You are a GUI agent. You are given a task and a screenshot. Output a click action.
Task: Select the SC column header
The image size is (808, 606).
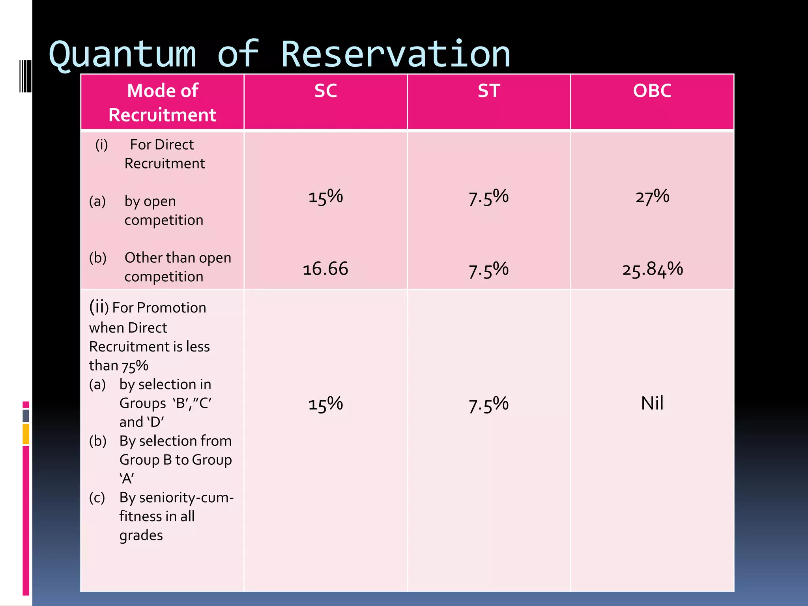coord(325,91)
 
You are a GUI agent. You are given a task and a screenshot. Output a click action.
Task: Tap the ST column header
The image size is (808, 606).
coord(489,91)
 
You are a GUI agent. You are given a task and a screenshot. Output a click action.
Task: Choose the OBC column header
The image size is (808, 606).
coord(652,91)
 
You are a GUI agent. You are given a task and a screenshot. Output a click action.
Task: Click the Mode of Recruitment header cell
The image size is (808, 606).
coord(163,102)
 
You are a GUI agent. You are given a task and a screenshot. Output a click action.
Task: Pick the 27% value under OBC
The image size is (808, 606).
coord(652,196)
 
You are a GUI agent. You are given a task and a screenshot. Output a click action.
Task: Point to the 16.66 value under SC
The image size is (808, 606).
coord(325,269)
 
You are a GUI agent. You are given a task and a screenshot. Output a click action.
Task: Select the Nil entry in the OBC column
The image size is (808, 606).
coord(652,403)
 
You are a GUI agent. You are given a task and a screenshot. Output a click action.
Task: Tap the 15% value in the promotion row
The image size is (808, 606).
coord(325,404)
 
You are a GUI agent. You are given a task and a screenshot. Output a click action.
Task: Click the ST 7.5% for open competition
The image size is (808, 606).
coord(489,197)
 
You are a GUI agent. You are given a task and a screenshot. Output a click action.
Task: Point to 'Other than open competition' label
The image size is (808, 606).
coord(178,267)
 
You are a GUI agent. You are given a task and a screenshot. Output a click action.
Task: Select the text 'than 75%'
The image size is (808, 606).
coord(118,366)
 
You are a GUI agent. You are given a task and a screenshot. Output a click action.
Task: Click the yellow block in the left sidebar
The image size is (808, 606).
coord(26,434)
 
